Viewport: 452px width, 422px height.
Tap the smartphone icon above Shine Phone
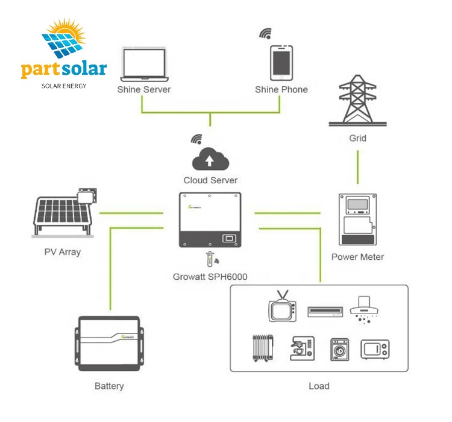281,62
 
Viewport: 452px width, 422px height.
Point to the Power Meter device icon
357,219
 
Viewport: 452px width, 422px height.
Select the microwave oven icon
374,349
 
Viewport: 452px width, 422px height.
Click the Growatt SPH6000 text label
210,278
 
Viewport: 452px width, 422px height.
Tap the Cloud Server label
210,180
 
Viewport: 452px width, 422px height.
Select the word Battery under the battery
110,385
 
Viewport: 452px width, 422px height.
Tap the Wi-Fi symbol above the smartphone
265,33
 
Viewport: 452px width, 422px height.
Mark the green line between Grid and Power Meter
357,167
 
